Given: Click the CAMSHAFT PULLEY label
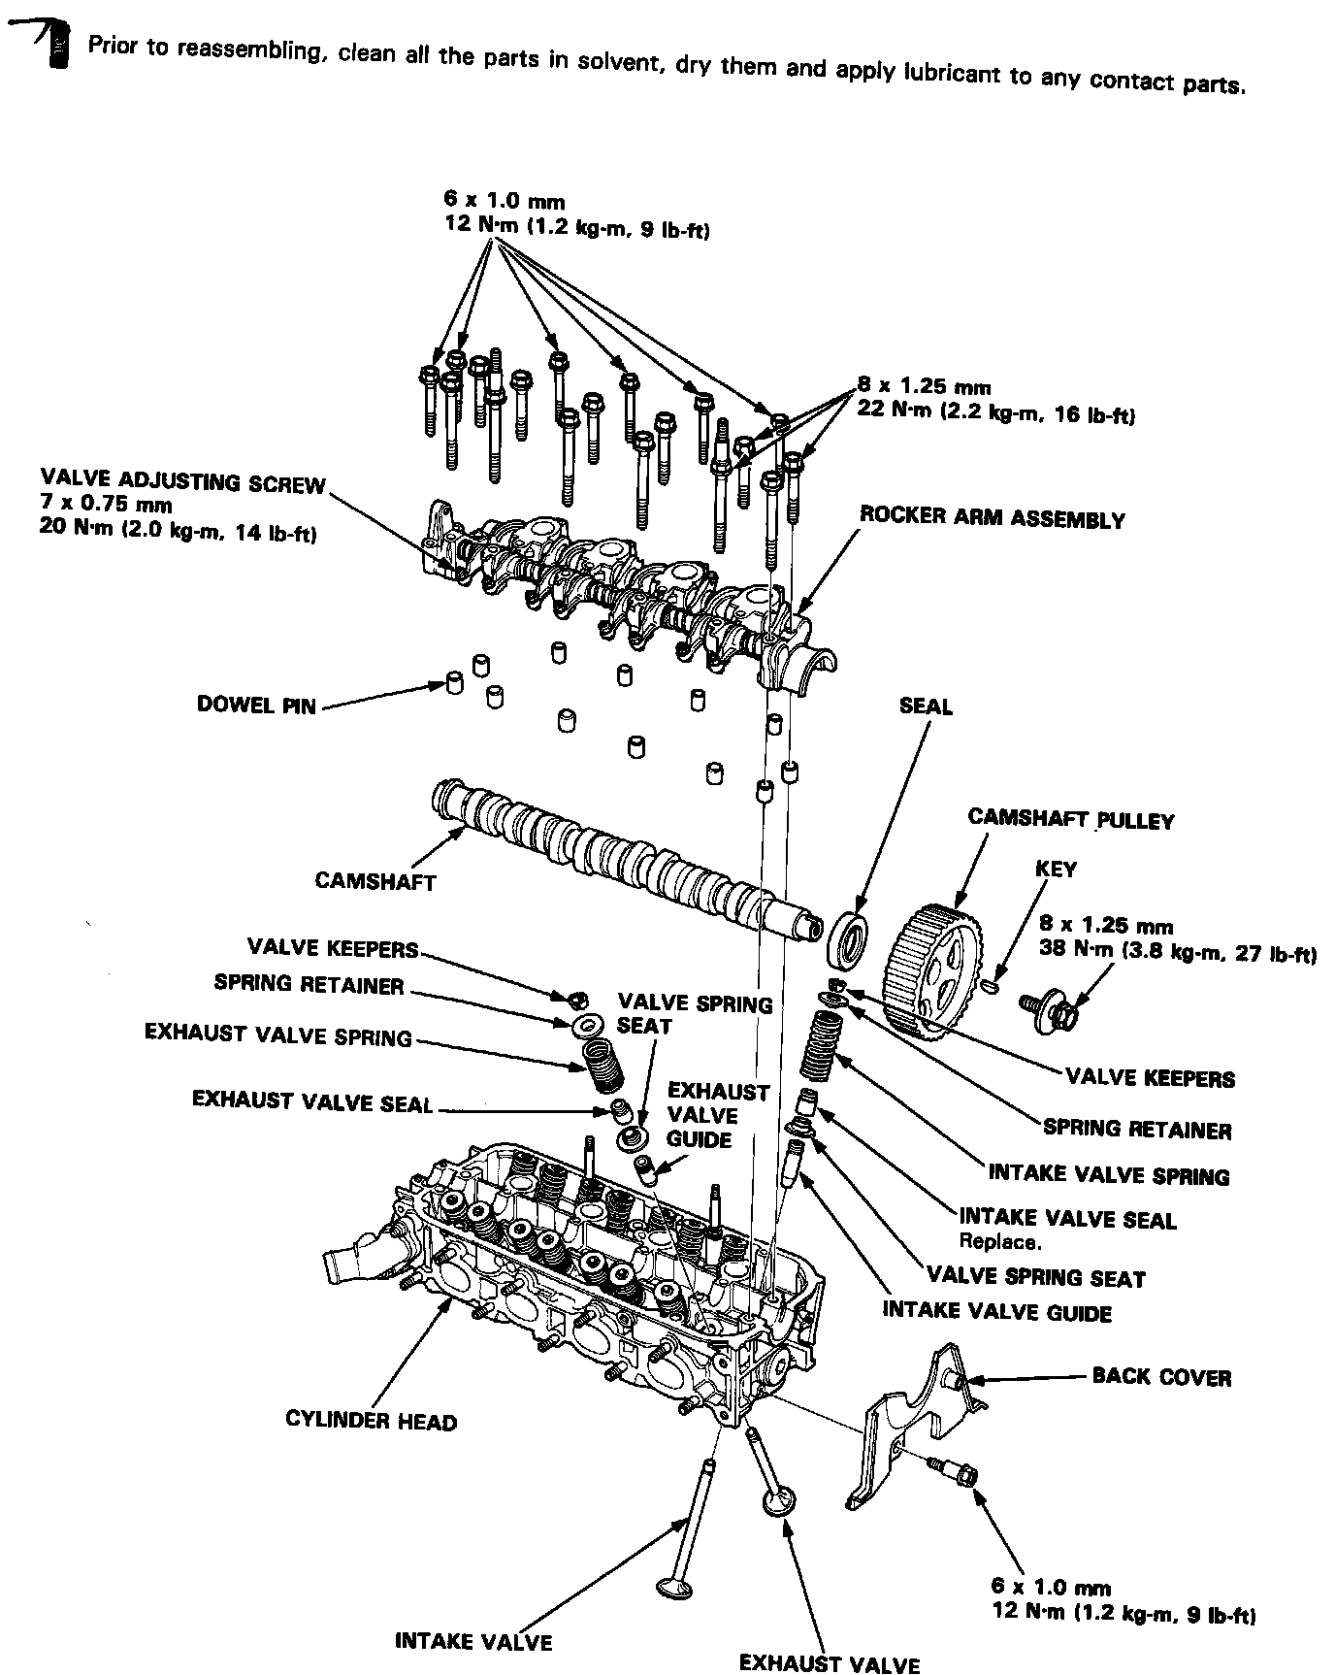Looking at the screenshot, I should coord(1071,819).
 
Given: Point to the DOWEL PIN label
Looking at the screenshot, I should coord(256,706).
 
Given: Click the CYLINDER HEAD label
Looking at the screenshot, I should coord(371,1422).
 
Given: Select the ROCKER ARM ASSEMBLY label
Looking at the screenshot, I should coord(992,518).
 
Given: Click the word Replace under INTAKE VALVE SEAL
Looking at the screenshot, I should coord(999,1240).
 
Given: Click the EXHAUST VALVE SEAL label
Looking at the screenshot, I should coord(311,1101).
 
